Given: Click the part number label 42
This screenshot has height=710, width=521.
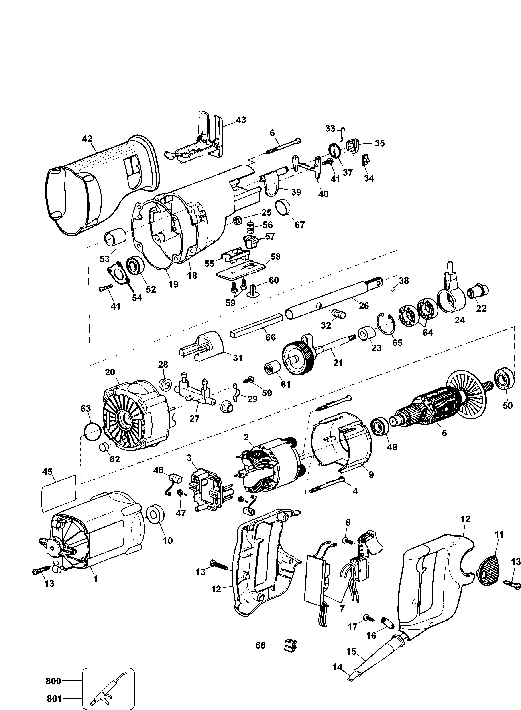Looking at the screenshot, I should coord(87,139).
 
